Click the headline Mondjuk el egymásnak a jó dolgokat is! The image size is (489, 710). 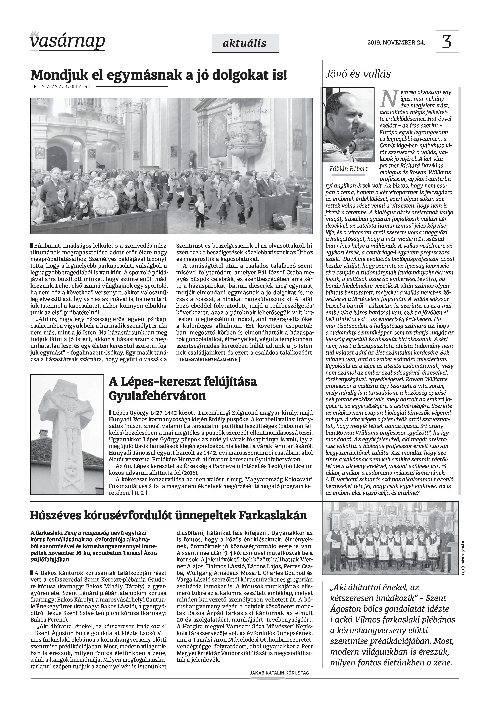pos(159,75)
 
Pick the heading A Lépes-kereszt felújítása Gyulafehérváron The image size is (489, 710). pos(183,389)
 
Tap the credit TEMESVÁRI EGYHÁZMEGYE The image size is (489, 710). pos(208,360)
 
